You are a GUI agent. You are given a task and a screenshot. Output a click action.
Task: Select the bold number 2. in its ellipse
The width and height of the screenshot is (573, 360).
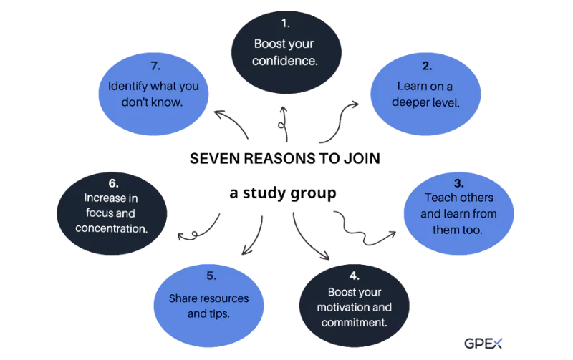pyautogui.click(x=427, y=67)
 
